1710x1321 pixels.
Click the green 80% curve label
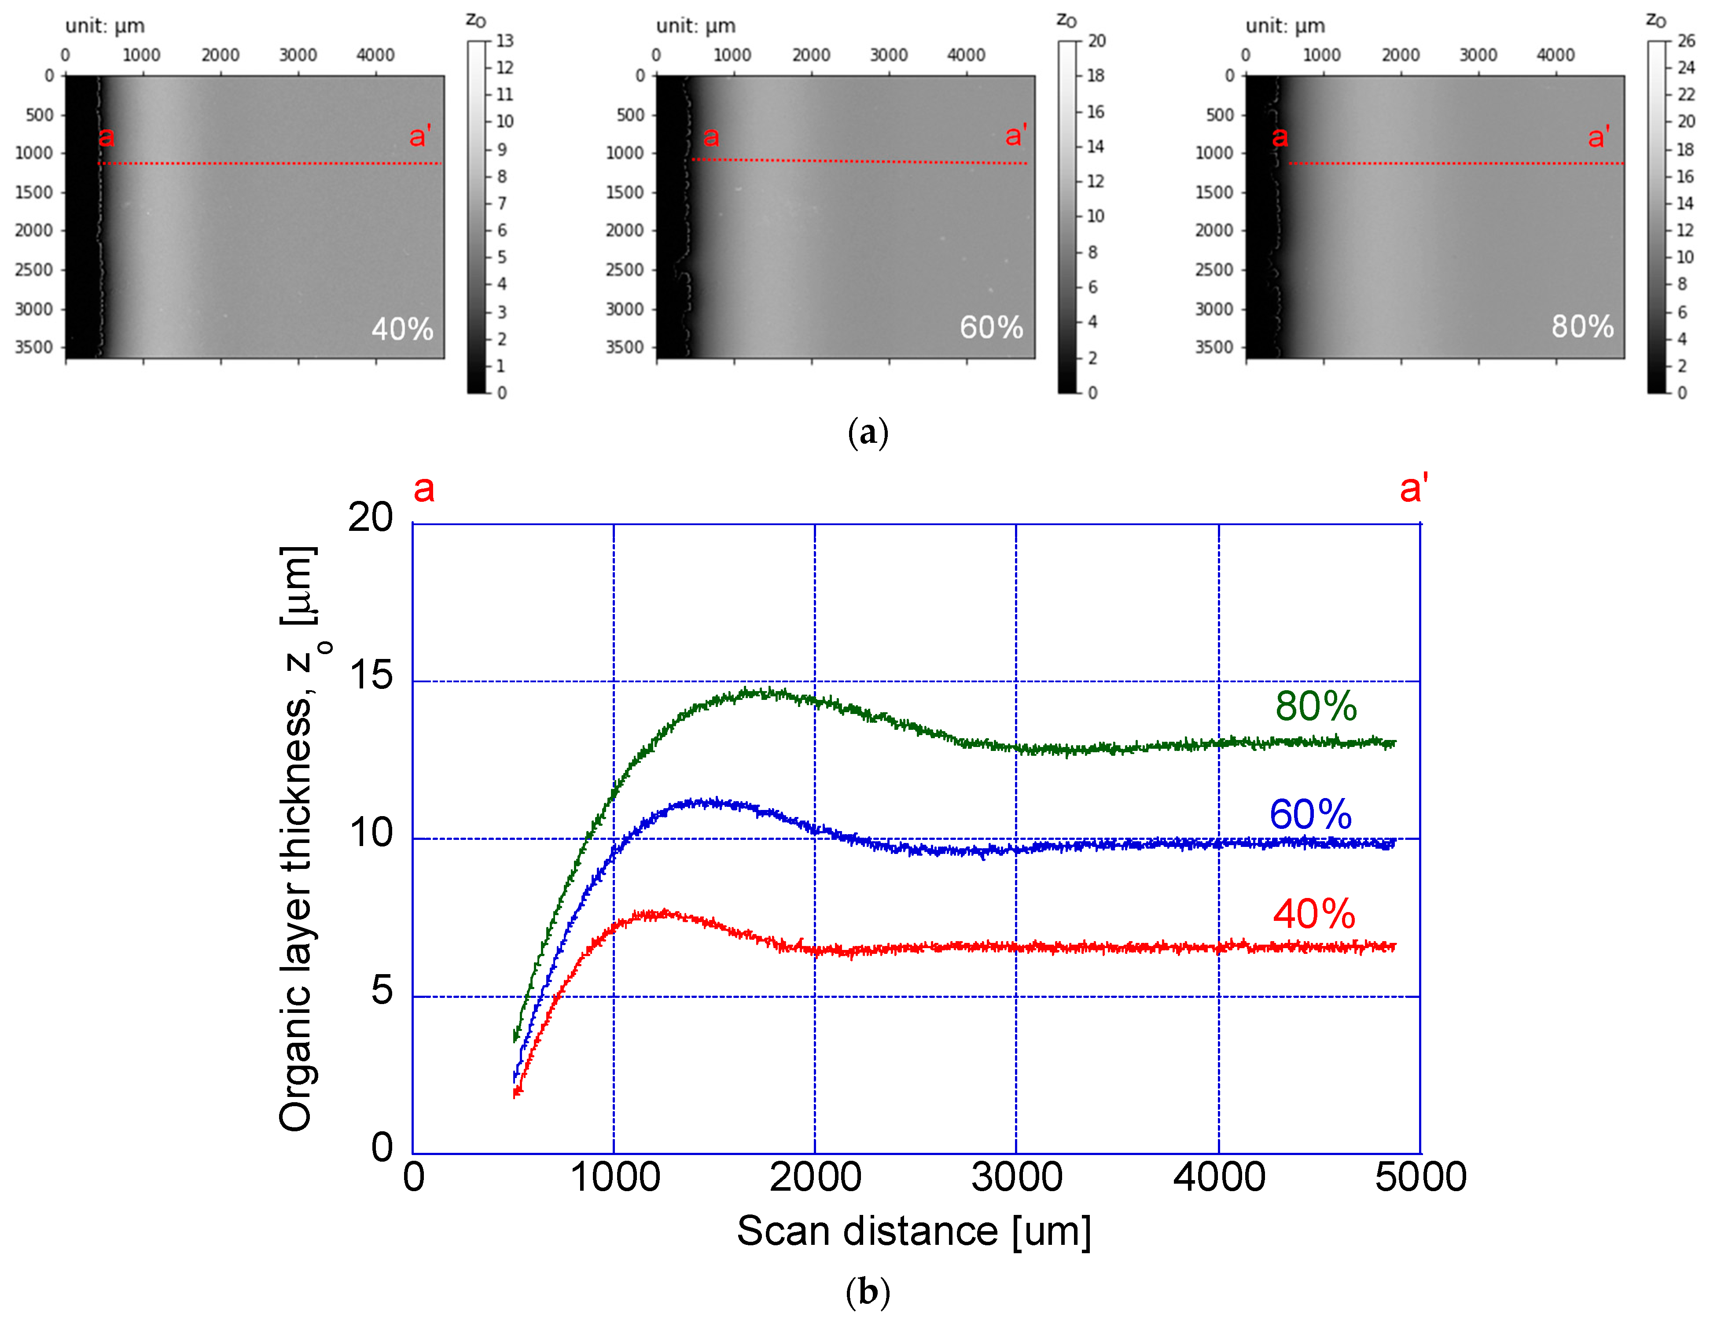pos(1315,706)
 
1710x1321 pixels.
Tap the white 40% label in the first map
pos(402,329)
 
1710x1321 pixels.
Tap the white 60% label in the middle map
pos(991,327)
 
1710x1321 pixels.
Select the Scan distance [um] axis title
pos(913,1231)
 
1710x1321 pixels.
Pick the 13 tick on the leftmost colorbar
pos(504,41)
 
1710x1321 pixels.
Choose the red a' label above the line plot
pos(1413,489)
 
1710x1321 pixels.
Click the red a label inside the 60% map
pos(710,137)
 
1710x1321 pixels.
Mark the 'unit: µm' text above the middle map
pos(695,26)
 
